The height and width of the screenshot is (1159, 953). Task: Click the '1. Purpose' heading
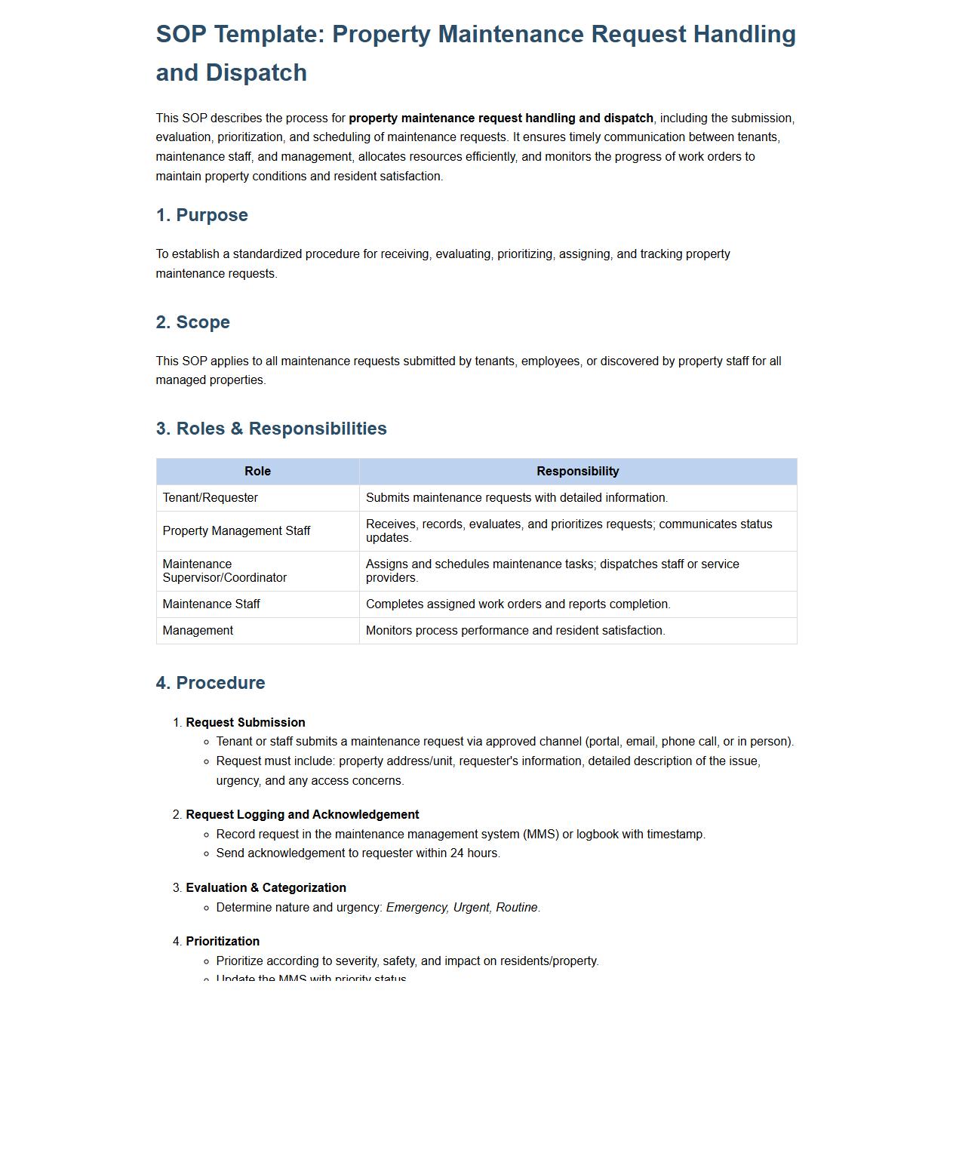coord(201,215)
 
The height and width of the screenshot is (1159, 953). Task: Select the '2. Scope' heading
coord(192,322)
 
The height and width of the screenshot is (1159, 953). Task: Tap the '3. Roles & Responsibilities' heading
coord(271,429)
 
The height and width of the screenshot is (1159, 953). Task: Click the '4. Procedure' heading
coord(211,683)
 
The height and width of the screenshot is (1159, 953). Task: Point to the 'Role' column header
coord(257,472)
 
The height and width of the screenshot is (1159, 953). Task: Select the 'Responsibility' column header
coord(577,472)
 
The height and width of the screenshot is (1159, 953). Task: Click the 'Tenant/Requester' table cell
coord(211,498)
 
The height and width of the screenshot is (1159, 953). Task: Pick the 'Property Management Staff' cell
coord(236,531)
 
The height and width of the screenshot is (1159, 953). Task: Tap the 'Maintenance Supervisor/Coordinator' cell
coord(224,571)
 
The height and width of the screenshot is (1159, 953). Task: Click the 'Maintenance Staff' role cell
coord(211,604)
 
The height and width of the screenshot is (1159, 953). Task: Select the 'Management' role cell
coord(198,631)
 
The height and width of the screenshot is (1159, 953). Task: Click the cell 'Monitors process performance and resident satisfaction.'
coord(515,631)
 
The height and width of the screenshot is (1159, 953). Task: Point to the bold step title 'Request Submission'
coord(245,723)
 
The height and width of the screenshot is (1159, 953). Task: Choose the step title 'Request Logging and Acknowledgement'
coord(302,815)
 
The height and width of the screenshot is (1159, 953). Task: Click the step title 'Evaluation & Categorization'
coord(266,888)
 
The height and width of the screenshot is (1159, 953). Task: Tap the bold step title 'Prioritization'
coord(223,942)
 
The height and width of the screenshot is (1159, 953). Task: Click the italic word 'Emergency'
coord(417,908)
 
